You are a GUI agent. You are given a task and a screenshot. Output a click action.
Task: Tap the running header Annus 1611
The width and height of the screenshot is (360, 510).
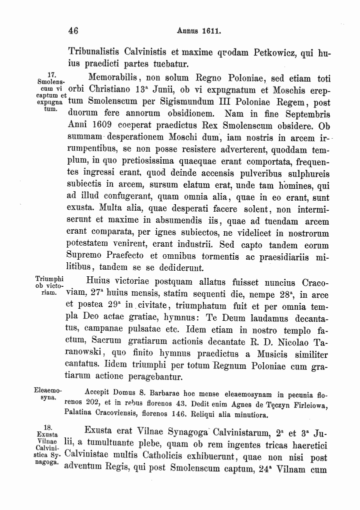point(199,31)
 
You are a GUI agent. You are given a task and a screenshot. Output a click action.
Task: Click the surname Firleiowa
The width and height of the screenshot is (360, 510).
point(309,401)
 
